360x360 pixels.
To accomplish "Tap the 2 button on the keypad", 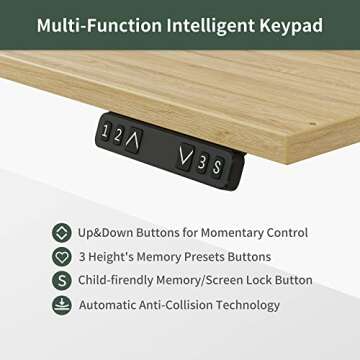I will click(x=118, y=134).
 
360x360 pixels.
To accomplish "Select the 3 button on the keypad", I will click(x=200, y=160).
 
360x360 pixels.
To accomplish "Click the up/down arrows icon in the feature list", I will click(x=62, y=232).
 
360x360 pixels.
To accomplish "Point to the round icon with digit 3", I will click(x=62, y=256).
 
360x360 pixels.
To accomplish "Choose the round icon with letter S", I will click(x=62, y=280).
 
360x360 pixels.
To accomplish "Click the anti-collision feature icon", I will click(x=62, y=304).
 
